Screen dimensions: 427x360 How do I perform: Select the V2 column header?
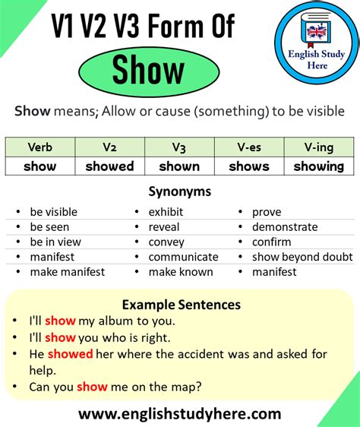pyautogui.click(x=109, y=147)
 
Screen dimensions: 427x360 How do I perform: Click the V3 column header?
pyautogui.click(x=179, y=147)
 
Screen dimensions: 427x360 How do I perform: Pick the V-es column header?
pyautogui.click(x=249, y=147)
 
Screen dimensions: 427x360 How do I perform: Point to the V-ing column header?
pyautogui.click(x=318, y=147)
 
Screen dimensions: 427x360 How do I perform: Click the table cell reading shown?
pyautogui.click(x=179, y=166)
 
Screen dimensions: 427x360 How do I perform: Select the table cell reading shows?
pyautogui.click(x=249, y=166)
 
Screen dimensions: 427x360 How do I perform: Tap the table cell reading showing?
pyautogui.click(x=318, y=166)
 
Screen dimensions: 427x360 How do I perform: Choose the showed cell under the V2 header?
pyautogui.click(x=109, y=166)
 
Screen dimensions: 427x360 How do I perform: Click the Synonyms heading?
pyautogui.click(x=180, y=192)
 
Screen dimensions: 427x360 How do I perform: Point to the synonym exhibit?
pyautogui.click(x=166, y=212)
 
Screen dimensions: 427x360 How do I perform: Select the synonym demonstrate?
pyautogui.click(x=285, y=227)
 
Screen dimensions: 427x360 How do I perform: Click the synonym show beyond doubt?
pyautogui.click(x=302, y=257)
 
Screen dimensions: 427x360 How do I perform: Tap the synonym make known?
pyautogui.click(x=181, y=272)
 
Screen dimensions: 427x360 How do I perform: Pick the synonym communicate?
pyautogui.click(x=183, y=257)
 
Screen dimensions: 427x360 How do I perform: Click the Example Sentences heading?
pyautogui.click(x=180, y=305)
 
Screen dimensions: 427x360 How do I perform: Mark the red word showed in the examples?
pyautogui.click(x=70, y=353)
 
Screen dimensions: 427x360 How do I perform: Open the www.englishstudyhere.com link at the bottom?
pyautogui.click(x=180, y=414)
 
